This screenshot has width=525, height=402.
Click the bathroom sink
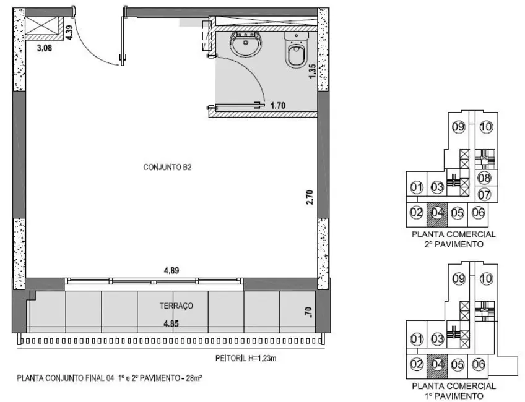pyautogui.click(x=246, y=45)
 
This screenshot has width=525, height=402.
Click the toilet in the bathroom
pyautogui.click(x=295, y=50)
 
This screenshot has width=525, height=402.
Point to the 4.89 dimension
pyautogui.click(x=171, y=270)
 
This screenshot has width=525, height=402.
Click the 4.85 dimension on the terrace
pyautogui.click(x=171, y=323)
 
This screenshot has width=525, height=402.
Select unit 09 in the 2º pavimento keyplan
pyautogui.click(x=458, y=127)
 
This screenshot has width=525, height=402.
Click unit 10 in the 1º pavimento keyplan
pyautogui.click(x=485, y=279)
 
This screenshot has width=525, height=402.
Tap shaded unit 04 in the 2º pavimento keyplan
pyautogui.click(x=437, y=213)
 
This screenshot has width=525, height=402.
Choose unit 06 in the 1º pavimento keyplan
pyautogui.click(x=477, y=365)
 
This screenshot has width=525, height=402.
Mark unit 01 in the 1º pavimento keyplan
pyautogui.click(x=416, y=339)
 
